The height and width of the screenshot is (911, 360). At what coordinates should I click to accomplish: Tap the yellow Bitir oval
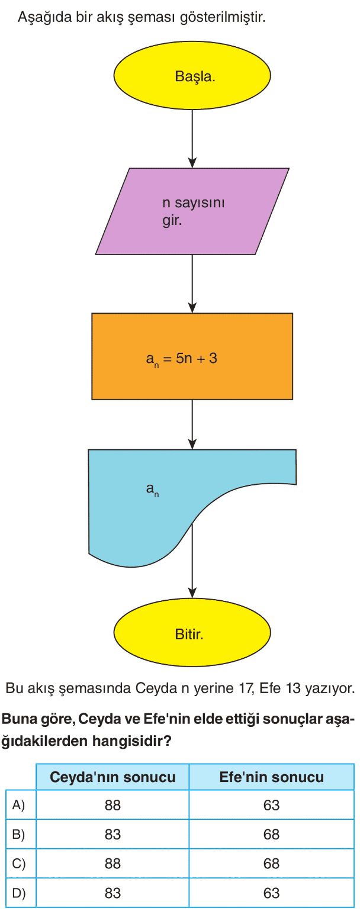pyautogui.click(x=192, y=635)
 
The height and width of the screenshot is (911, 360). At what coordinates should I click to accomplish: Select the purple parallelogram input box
pyautogui.click(x=192, y=211)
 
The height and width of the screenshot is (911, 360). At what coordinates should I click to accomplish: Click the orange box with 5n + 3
pyautogui.click(x=192, y=356)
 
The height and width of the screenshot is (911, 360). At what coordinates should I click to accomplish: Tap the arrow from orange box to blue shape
pyautogui.click(x=192, y=424)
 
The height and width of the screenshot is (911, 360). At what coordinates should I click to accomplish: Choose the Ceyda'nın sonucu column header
pyautogui.click(x=112, y=777)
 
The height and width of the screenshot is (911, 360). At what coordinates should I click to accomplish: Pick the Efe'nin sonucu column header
pyautogui.click(x=272, y=777)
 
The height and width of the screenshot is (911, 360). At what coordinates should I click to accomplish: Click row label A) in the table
pyautogui.click(x=20, y=805)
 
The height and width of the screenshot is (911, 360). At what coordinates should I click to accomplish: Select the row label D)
pyautogui.click(x=20, y=893)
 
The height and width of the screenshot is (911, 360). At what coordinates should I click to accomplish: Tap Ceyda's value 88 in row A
pyautogui.click(x=112, y=805)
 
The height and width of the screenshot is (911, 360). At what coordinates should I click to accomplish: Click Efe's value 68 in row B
pyautogui.click(x=272, y=834)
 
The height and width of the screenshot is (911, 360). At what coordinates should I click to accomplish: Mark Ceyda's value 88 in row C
pyautogui.click(x=112, y=864)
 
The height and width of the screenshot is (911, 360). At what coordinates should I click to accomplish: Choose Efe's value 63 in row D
pyautogui.click(x=272, y=893)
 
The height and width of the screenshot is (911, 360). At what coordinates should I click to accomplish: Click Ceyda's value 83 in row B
pyautogui.click(x=112, y=834)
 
